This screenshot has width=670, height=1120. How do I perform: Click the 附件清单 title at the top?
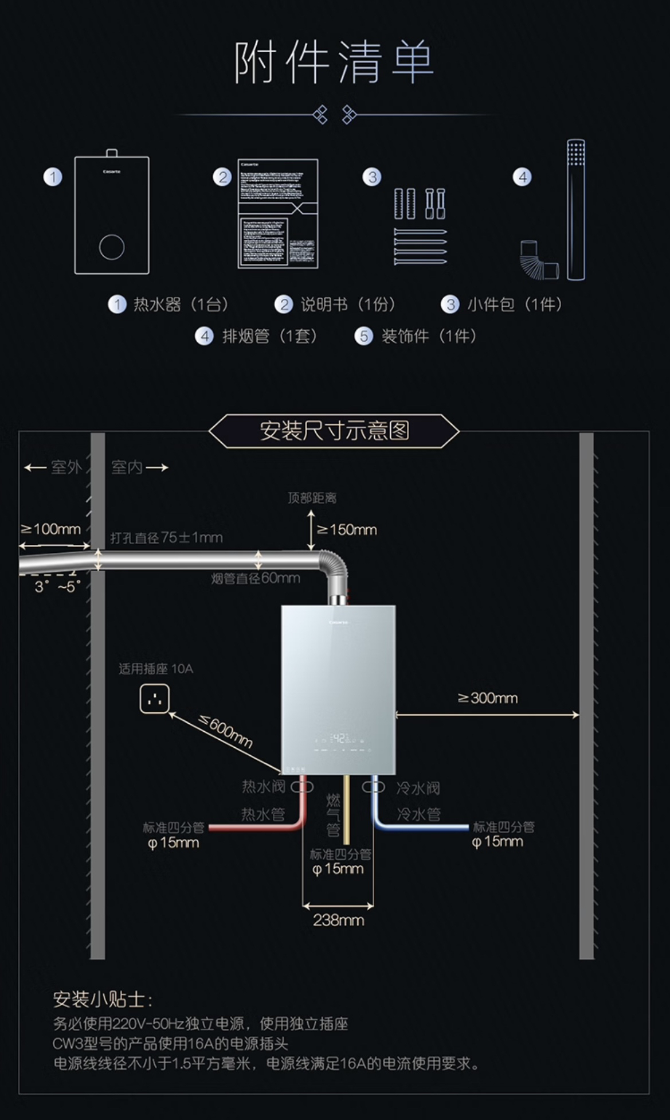point(334,63)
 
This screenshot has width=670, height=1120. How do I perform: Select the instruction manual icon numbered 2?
point(278,213)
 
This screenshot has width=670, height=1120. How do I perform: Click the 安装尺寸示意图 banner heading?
point(334,431)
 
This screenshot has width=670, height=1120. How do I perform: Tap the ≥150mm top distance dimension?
point(347,530)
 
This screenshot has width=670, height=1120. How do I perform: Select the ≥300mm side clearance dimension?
point(488,698)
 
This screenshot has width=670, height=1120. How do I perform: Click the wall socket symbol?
point(154,700)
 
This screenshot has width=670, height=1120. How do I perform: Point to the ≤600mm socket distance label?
point(226,731)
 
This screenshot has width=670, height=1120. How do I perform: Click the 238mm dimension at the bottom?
point(338,920)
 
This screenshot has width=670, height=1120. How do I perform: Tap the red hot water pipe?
point(258,826)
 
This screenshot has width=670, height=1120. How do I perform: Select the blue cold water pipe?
point(424,826)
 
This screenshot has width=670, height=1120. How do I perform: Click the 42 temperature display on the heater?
point(339,738)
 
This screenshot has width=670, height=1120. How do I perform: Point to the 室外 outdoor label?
point(66,467)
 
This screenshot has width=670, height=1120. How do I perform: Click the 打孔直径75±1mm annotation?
point(166,537)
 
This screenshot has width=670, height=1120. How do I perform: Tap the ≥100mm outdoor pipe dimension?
point(50,529)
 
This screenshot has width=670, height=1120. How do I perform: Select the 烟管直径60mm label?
point(256,578)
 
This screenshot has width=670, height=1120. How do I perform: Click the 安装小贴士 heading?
point(103,999)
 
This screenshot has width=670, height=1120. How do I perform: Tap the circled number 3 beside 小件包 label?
point(450,305)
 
